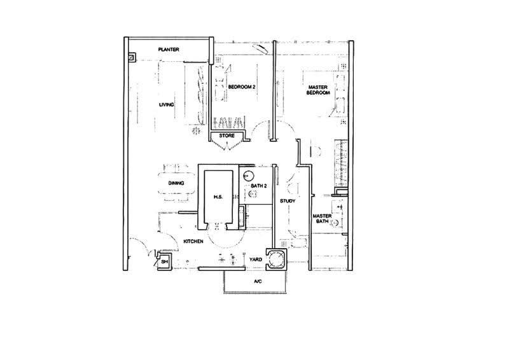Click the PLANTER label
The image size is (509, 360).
coord(169,50)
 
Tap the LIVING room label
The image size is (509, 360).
coord(166,105)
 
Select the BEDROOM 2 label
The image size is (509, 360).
coord(242,87)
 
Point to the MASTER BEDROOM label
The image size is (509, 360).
coord(317,90)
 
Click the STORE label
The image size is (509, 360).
coord(227,135)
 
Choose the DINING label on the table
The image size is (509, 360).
coord(176,183)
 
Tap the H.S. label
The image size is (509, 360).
coord(218,197)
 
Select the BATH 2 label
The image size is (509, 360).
coord(259,186)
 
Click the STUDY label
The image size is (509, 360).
coord(288,201)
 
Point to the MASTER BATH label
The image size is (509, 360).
coord(322,218)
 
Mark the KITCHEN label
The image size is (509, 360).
coord(193,242)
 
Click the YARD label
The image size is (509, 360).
coord(256,260)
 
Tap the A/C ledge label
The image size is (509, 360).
coord(258,281)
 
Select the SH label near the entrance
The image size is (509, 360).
coord(164,261)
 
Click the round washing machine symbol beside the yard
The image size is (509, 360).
coord(277,260)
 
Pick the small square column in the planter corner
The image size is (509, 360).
coord(132,57)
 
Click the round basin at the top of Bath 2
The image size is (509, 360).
coord(248,176)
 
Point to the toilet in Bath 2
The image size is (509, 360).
coord(252,194)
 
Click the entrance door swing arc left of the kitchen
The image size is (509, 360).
coord(140,242)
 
